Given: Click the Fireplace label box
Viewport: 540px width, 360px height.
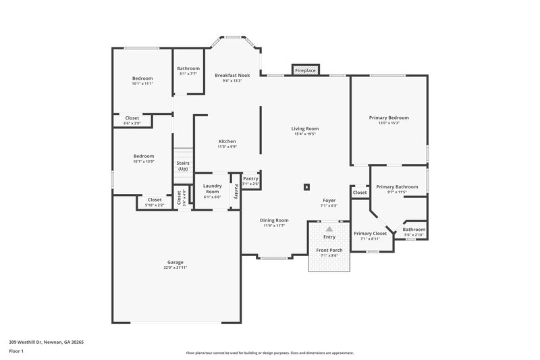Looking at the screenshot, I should [x=305, y=70].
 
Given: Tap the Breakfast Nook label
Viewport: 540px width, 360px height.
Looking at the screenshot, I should [x=232, y=75].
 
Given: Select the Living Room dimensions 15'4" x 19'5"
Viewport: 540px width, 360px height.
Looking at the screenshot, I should [x=305, y=134].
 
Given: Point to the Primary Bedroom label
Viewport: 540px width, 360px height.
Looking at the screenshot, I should [x=388, y=118].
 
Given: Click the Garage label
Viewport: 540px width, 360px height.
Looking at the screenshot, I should [x=175, y=262].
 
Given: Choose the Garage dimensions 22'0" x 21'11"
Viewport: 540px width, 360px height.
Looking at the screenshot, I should [x=175, y=268].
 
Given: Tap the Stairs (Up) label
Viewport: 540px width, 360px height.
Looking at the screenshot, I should [x=182, y=165].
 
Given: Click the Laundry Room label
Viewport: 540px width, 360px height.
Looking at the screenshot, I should [x=213, y=188].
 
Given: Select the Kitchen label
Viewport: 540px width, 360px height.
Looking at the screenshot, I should [x=227, y=141].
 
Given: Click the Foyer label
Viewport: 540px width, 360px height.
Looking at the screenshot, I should [x=328, y=200].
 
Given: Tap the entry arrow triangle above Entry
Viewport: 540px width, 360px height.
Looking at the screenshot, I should [x=329, y=230].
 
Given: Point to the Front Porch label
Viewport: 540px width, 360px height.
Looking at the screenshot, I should [x=329, y=250].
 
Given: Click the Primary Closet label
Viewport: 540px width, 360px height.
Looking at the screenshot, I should [x=370, y=233].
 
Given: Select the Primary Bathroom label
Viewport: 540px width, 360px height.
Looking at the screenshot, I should [x=397, y=186].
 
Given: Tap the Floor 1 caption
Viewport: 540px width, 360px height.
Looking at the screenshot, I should [x=16, y=351].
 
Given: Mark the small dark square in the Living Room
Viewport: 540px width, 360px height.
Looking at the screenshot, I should [x=306, y=186].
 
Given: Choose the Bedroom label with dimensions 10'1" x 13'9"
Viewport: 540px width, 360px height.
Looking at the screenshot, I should [x=143, y=156].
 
